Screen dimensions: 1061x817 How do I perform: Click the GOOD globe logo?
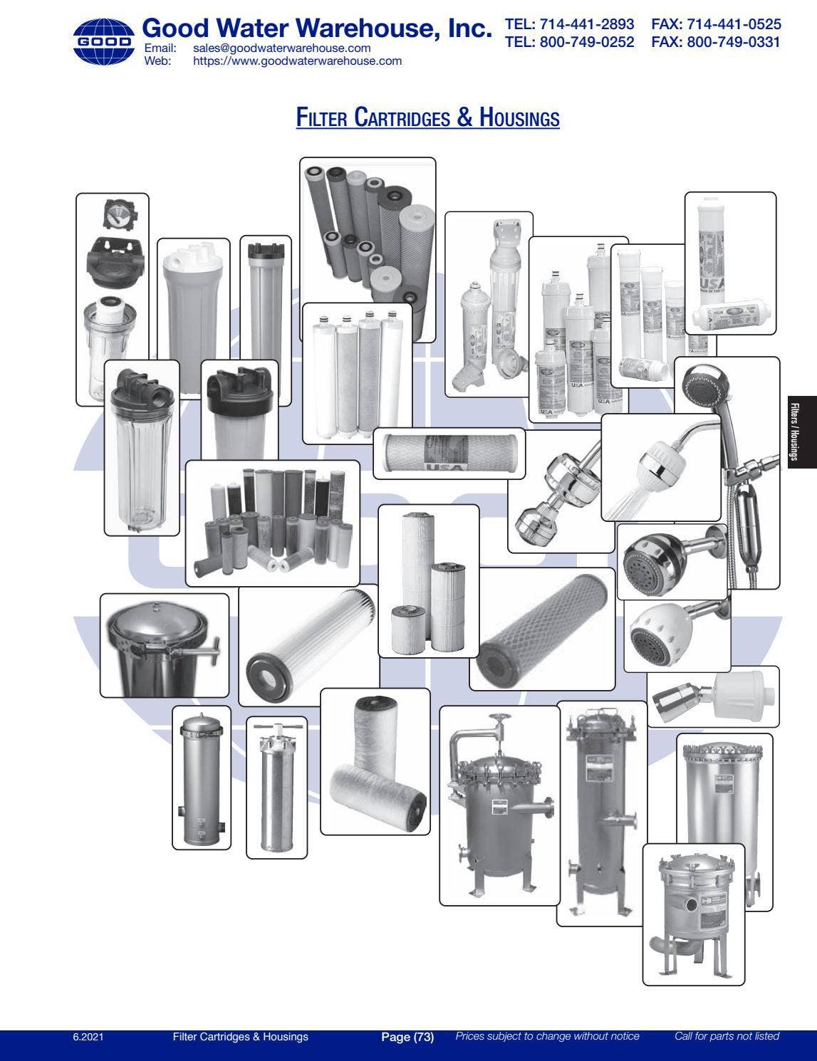103,42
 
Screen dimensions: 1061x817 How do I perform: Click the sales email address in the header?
281,48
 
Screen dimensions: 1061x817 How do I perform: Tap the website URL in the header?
297,61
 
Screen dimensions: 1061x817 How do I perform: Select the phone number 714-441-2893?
569,24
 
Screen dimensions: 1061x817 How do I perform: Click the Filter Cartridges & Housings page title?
427,117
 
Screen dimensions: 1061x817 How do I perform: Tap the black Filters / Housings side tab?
802,433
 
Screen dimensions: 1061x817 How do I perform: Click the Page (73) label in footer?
407,1037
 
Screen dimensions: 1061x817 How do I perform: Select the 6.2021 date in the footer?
88,1037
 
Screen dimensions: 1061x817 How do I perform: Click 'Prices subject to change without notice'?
547,1037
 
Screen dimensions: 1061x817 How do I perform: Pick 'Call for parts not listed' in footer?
727,1037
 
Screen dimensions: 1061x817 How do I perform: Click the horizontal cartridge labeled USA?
449,453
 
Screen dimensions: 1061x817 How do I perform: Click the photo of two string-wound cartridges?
375,762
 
